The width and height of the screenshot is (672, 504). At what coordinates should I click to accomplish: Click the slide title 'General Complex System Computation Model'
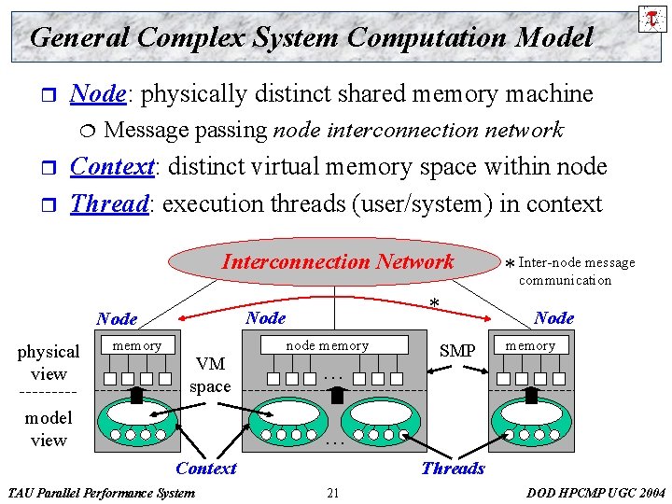[311, 37]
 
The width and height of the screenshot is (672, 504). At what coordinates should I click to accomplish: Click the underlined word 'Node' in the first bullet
[98, 94]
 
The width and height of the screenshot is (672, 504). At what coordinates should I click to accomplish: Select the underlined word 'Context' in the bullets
[112, 167]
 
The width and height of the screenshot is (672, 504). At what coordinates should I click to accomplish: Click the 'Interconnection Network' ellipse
[337, 262]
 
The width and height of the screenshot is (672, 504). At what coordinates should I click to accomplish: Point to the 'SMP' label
[457, 351]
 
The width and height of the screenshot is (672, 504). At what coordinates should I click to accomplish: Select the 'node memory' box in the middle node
[327, 345]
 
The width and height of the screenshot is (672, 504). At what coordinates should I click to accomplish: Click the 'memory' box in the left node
[137, 345]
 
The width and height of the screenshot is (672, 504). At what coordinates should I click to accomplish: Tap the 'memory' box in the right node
[530, 345]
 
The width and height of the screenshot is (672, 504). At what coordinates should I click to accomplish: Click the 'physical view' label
[49, 362]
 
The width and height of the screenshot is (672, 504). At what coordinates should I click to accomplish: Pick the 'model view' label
[49, 428]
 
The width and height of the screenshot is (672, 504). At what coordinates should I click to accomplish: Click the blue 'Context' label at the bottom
[206, 469]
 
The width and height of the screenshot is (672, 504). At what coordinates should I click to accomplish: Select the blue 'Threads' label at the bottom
[453, 469]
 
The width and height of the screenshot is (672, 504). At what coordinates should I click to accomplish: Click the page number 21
[333, 492]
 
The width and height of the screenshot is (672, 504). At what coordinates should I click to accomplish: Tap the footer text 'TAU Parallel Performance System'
[101, 492]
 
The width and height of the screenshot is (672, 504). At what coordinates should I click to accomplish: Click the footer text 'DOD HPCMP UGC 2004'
[595, 492]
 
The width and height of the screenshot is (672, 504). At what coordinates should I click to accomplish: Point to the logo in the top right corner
[651, 17]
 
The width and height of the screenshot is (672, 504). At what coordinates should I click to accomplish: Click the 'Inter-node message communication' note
[576, 271]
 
